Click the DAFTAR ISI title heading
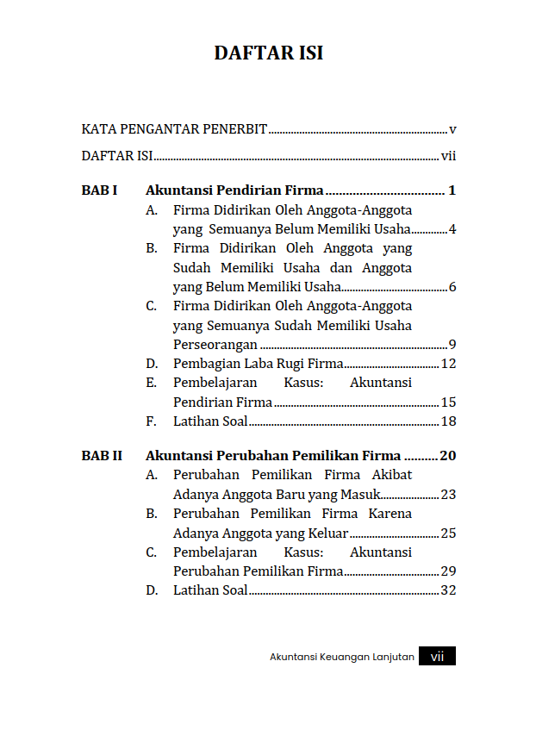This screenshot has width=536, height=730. click(268, 53)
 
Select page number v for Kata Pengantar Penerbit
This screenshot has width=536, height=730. click(452, 130)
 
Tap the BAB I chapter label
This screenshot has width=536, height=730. click(99, 190)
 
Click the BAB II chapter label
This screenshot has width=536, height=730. click(102, 456)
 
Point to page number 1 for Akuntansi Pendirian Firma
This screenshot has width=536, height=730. click(452, 190)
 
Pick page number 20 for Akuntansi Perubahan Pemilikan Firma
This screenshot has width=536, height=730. click(447, 456)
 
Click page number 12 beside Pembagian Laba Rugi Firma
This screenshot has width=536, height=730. click(448, 364)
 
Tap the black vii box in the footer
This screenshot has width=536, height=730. click(438, 657)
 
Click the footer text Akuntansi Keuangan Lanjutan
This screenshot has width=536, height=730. click(342, 657)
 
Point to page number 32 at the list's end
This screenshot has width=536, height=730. click(448, 590)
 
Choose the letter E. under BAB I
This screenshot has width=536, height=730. click(151, 383)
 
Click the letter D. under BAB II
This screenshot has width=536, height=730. click(152, 590)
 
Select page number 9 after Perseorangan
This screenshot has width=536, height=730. click(452, 345)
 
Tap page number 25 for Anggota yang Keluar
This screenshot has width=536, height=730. click(448, 533)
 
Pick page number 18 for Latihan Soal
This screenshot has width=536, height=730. click(448, 421)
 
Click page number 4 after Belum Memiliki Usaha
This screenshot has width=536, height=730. click(452, 230)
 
